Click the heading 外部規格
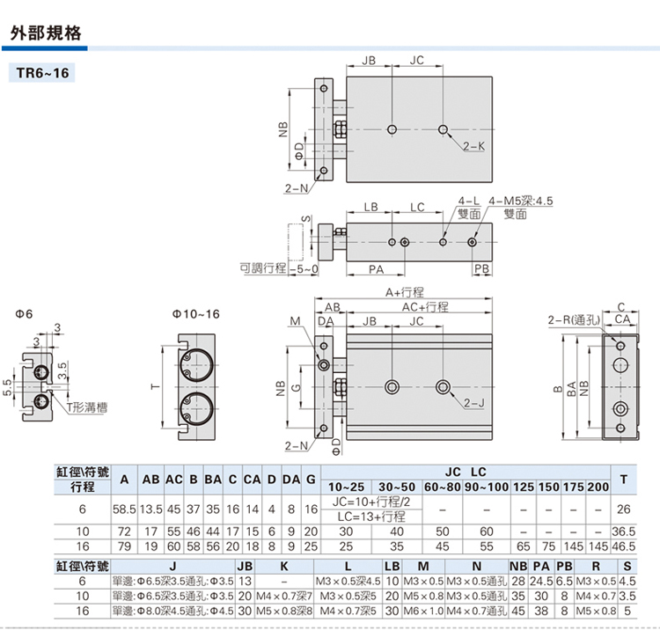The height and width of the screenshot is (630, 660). pyautogui.click(x=45, y=33)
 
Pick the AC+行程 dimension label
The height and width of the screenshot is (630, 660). pyautogui.click(x=425, y=307)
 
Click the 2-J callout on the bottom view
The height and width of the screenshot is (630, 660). pyautogui.click(x=473, y=403)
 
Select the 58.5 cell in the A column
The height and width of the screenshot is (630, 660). pyautogui.click(x=124, y=509)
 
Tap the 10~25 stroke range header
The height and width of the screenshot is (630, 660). pyautogui.click(x=345, y=487)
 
